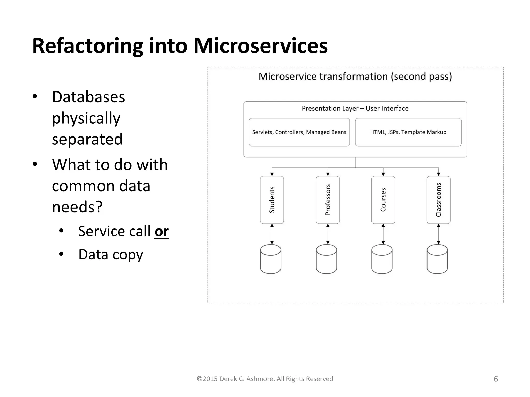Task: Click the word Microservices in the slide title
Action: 260,46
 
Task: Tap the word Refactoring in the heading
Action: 87,46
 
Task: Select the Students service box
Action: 272,200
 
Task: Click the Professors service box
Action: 328,200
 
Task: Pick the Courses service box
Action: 383,200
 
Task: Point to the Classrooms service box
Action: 438,200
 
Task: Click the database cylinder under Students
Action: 271,259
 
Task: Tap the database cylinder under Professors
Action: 326,259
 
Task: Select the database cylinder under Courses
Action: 382,259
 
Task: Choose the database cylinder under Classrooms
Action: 437,259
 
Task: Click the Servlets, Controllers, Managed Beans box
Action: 299,132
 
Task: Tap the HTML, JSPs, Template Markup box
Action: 408,132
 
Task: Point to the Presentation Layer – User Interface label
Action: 355,108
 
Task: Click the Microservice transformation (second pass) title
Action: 355,77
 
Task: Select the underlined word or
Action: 161,231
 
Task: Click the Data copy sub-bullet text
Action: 111,255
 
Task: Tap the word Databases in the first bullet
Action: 89,97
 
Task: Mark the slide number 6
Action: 496,379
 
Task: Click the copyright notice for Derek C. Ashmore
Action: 265,379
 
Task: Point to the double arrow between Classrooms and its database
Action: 438,234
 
